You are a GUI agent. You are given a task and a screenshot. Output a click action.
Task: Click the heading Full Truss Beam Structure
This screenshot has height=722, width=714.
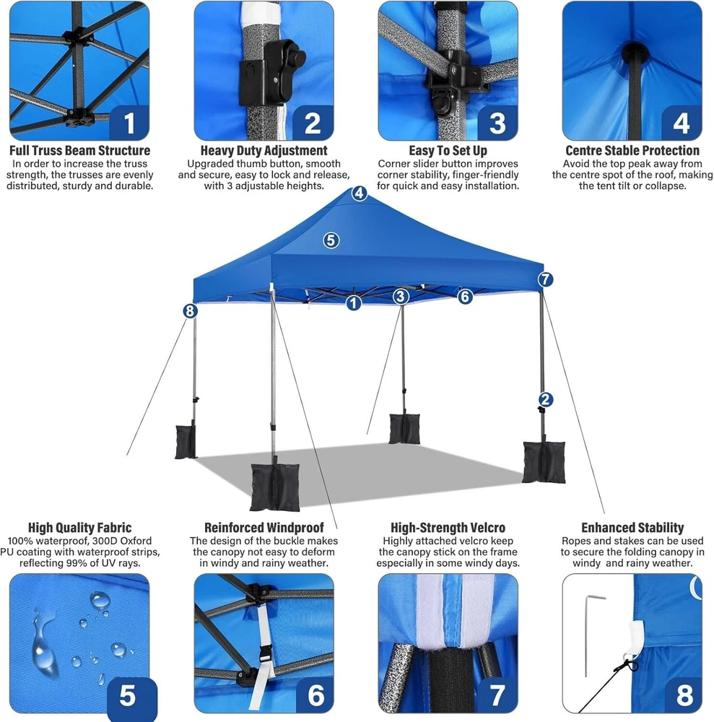coord(79,151)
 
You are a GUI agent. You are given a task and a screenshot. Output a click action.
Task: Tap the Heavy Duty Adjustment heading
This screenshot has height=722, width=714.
coord(264,151)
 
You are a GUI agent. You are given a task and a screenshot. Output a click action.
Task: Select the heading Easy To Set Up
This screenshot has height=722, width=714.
coord(448,151)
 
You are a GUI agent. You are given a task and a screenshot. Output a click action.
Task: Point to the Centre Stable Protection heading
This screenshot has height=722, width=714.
coord(632,151)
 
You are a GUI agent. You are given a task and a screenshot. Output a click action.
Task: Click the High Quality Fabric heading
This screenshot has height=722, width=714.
coord(79,528)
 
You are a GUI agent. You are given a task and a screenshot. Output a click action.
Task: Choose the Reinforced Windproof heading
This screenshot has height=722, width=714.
coord(264,528)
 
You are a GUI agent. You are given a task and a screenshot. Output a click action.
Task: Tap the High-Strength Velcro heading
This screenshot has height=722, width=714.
coord(448,528)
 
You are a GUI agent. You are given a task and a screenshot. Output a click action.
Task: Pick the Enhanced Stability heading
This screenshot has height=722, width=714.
coord(632,528)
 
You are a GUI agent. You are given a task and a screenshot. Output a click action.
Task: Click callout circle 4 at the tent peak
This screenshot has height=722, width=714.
coord(360,193)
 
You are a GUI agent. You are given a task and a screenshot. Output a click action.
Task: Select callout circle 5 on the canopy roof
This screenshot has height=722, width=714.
coord(331,240)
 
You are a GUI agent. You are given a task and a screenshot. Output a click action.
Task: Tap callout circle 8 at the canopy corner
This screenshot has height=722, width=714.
coord(190,310)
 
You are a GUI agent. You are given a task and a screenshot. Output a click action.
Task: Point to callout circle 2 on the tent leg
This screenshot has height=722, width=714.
coord(546,399)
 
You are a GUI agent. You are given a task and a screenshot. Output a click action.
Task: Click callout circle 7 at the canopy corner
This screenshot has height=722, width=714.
coord(545,279)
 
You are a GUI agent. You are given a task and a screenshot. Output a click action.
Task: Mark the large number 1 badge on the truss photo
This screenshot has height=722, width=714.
coord(129,123)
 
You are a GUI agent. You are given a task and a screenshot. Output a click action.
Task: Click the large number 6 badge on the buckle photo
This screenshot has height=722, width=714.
coord(315,695)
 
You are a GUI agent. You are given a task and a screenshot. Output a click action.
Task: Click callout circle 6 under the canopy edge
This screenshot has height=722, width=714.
coord(465,297)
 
